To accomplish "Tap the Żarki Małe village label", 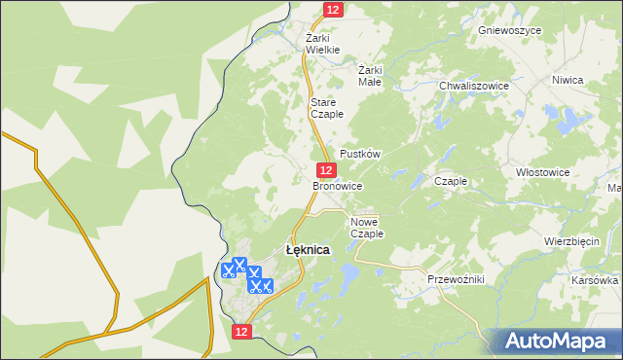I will [x=370, y=76].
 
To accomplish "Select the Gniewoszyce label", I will [x=509, y=30].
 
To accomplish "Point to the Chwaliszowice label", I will [x=474, y=86].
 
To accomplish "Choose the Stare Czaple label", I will [x=324, y=108].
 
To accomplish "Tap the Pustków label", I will [x=359, y=154].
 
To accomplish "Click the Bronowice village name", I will [x=338, y=185].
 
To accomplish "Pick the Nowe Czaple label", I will [x=367, y=228].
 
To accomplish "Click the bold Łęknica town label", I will [x=307, y=250].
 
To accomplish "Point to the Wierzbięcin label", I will [x=571, y=241].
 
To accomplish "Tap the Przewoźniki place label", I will [x=456, y=279].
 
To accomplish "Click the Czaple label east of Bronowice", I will [x=452, y=181].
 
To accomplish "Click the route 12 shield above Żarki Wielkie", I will [x=334, y=9].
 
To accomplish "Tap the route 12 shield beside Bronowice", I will [x=325, y=169].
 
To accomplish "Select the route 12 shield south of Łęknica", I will [x=242, y=332].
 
